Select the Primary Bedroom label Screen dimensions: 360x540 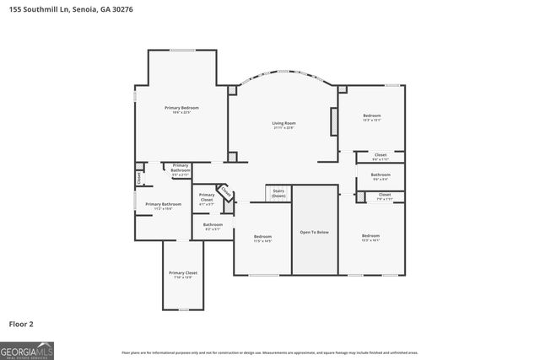(181, 109)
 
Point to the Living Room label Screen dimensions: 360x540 (283, 124)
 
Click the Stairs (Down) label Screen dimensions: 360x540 (278, 193)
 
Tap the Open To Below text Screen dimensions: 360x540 (315, 232)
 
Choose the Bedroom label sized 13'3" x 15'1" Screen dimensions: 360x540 (372, 117)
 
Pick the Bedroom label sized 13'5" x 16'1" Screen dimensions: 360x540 (371, 237)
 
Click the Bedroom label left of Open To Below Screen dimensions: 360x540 (262, 238)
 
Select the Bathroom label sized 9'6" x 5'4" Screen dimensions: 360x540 (380, 176)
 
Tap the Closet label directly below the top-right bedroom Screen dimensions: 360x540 (381, 156)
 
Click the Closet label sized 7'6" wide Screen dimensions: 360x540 (385, 196)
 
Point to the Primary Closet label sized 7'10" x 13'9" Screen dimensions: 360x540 (183, 274)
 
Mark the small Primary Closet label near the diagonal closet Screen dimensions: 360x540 (206, 201)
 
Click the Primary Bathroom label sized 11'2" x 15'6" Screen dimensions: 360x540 (164, 205)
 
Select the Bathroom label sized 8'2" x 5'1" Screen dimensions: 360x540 (213, 225)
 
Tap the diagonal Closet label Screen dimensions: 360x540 (225, 192)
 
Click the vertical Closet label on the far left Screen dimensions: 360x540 (139, 178)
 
